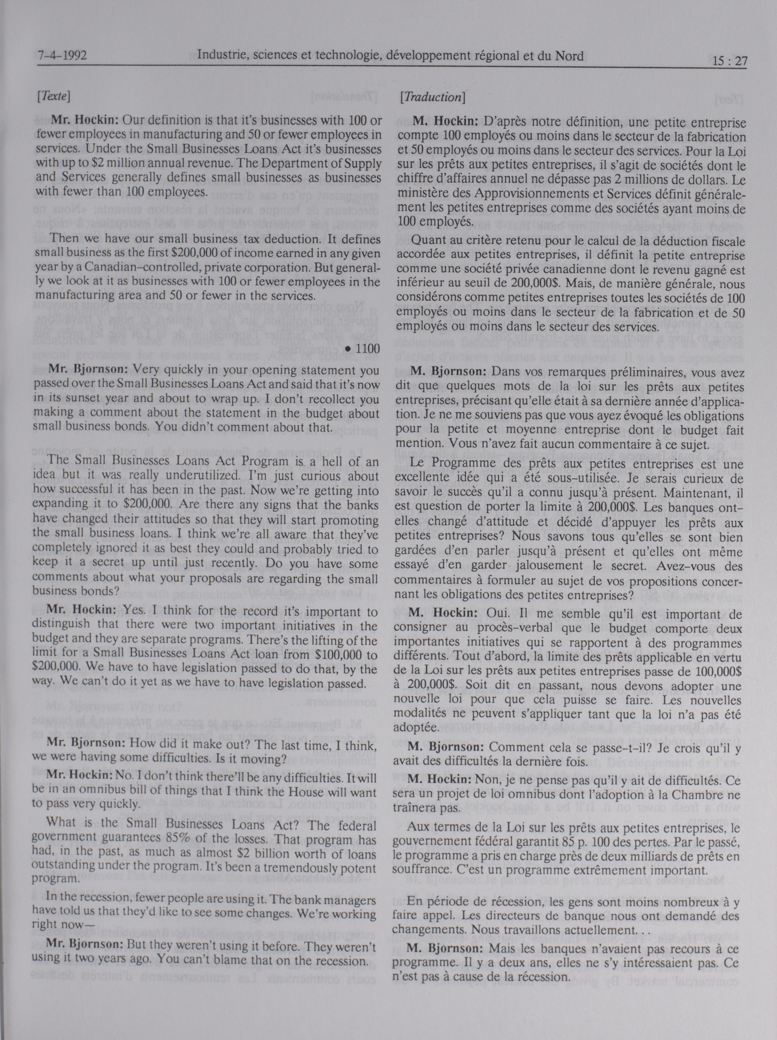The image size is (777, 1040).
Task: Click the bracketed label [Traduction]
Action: pyautogui.click(x=432, y=97)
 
